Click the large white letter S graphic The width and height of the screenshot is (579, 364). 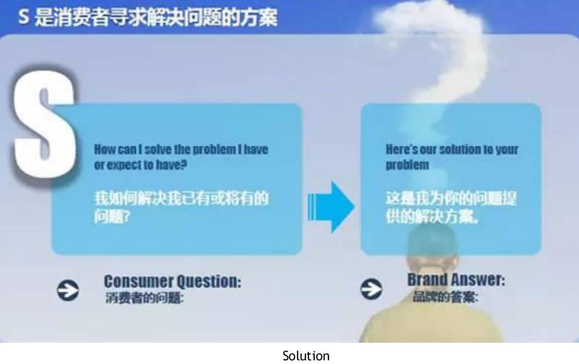[x=44, y=124]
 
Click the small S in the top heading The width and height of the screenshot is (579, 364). [x=24, y=16]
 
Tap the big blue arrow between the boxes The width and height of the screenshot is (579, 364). [x=331, y=207]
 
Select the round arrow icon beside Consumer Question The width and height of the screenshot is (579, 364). [x=68, y=290]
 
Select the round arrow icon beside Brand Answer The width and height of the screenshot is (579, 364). [x=372, y=289]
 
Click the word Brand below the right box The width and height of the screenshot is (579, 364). [x=427, y=280]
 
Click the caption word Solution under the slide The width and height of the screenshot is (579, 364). [x=306, y=356]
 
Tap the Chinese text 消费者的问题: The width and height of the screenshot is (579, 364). [x=144, y=298]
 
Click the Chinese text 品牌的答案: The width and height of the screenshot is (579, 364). [x=446, y=297]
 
